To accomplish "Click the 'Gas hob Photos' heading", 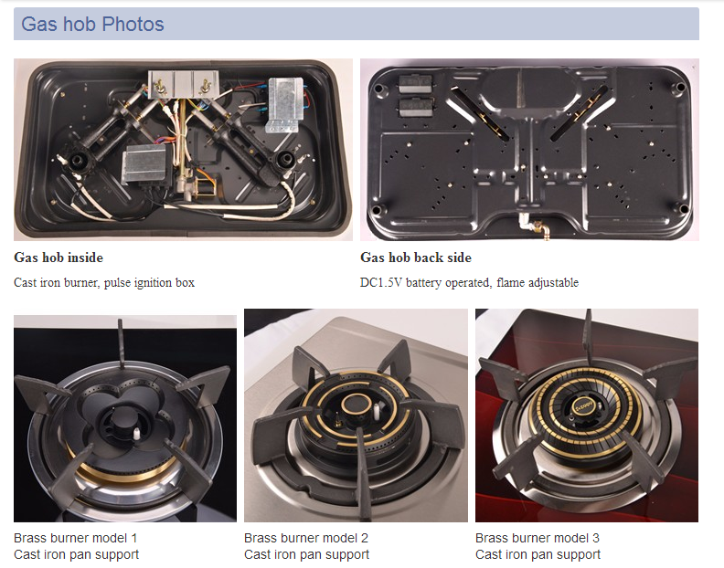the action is [x=92, y=24].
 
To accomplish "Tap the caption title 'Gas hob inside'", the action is [x=59, y=258].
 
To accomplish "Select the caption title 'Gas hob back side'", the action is [x=416, y=258].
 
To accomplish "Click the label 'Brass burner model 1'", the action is [x=75, y=538].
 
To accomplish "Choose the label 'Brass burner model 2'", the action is [x=306, y=538].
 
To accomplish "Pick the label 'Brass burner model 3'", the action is [x=537, y=538].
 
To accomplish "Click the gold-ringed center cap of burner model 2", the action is [x=356, y=405].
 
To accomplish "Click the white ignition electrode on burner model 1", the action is [x=137, y=433].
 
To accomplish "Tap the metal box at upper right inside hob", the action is [x=285, y=104].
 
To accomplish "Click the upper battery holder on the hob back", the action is [x=415, y=84].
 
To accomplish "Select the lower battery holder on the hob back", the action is [x=415, y=107].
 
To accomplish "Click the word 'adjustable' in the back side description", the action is [x=553, y=283].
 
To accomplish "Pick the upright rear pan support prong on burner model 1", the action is [x=121, y=343].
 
